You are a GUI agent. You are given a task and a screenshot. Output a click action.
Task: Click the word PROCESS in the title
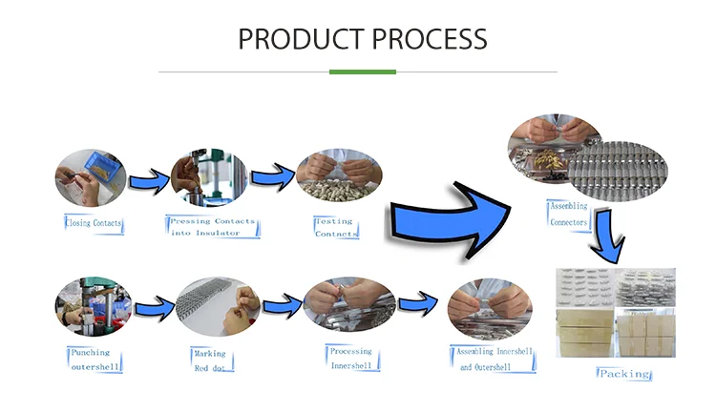coord(431,39)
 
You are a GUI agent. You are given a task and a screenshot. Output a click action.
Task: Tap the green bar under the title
coord(362,72)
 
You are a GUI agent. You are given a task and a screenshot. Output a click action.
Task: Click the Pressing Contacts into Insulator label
coord(212,227)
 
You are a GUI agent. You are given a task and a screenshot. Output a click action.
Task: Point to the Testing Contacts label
coord(335,227)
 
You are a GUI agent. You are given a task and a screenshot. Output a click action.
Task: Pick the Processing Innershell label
coord(350,357)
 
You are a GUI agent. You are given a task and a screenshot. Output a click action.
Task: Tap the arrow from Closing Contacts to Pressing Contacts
coord(148,179)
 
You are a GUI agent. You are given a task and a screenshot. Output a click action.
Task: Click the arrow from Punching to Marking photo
coord(153,309)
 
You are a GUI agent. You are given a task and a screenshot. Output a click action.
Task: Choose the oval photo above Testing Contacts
coord(339,176)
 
